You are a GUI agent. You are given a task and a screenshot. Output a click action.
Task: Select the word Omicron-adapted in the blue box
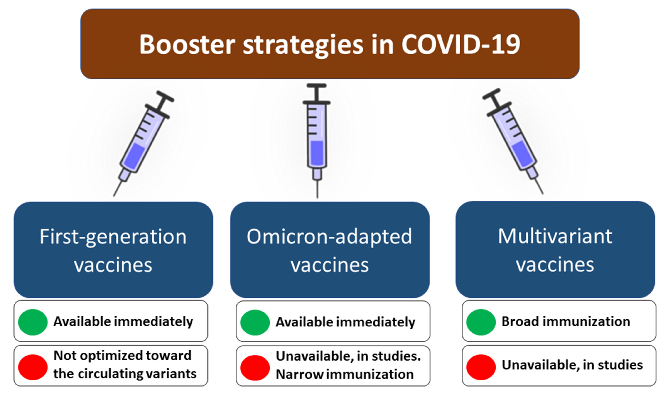(329, 237)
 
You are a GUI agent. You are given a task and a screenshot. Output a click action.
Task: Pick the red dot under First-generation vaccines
(33, 367)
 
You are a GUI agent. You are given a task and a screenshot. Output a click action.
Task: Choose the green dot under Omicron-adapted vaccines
(255, 322)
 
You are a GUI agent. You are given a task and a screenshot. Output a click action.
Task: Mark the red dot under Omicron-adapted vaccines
(255, 367)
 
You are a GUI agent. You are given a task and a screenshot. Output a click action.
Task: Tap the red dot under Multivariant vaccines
(481, 367)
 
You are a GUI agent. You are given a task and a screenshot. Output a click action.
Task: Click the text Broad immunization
(566, 321)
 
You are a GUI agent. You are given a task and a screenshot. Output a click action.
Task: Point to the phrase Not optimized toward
(122, 355)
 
